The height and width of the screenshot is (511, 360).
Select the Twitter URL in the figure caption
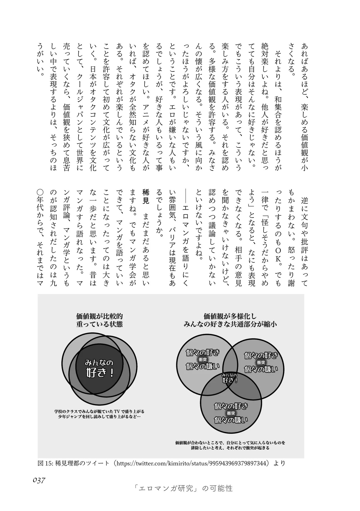click(x=191, y=463)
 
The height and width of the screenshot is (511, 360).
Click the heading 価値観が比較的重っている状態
click(x=100, y=320)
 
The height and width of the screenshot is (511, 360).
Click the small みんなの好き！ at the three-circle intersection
click(x=229, y=378)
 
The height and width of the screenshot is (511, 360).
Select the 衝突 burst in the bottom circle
click(x=231, y=413)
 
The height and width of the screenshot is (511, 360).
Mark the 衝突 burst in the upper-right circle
click(x=261, y=362)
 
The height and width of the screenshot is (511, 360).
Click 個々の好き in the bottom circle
click(x=231, y=406)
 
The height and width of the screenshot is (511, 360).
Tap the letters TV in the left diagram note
click(x=117, y=411)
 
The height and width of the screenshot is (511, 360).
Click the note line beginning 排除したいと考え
click(x=230, y=448)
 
